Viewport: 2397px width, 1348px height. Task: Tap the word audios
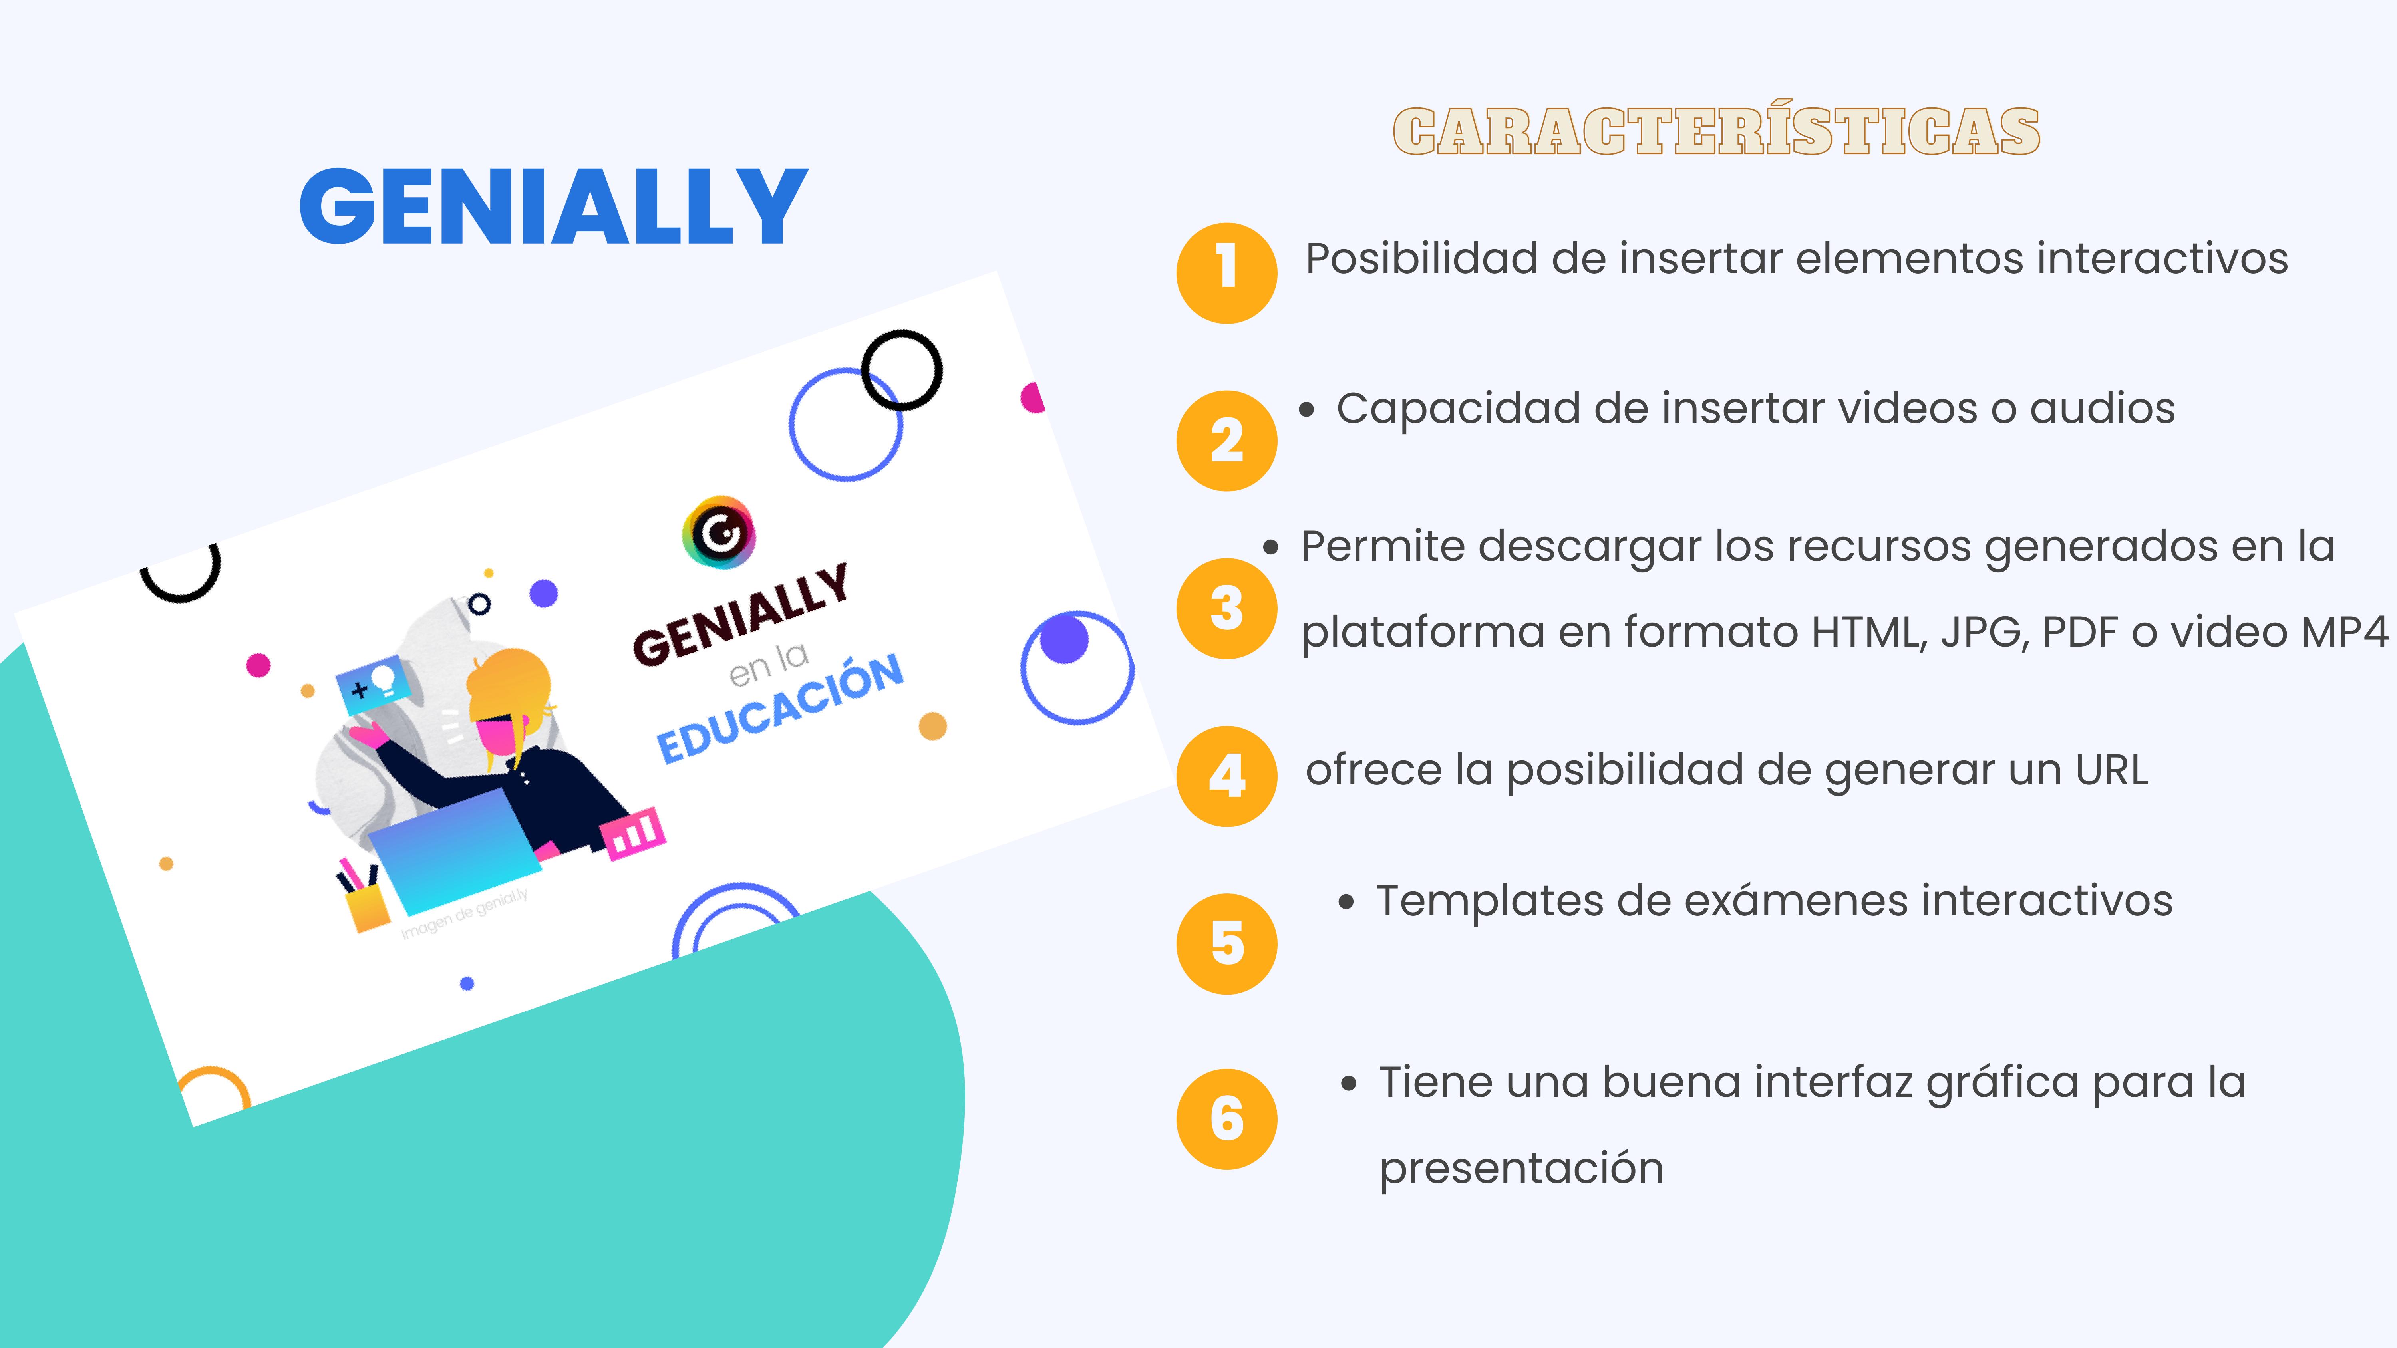click(2102, 409)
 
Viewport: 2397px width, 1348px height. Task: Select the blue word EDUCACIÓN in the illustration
click(780, 708)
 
